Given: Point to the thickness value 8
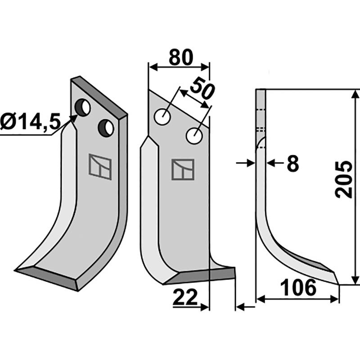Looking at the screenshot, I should coord(292,164).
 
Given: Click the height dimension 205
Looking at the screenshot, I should coord(344,179).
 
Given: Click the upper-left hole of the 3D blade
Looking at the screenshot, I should coord(83,108).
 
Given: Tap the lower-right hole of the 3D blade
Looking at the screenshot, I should coord(107,128).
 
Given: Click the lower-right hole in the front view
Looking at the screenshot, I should coord(195,135).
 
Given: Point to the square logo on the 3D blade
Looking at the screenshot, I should coord(100,166).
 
